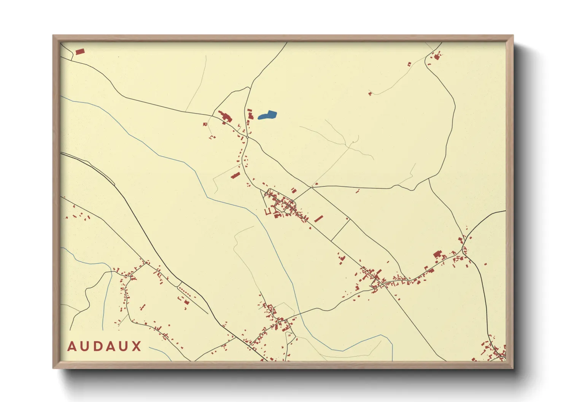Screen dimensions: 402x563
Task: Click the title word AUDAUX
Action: [x=104, y=347]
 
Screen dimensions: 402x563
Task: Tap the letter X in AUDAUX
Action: [x=136, y=347]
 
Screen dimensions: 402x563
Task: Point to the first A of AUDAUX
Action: [x=72, y=347]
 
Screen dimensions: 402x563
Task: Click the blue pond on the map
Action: [x=267, y=115]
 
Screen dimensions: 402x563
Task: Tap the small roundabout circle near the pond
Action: [x=247, y=137]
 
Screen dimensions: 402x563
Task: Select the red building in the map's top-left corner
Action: [x=80, y=52]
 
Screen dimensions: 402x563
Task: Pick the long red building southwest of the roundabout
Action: [x=235, y=176]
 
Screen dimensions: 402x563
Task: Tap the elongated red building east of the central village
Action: [x=318, y=218]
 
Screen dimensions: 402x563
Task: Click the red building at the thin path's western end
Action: [x=370, y=93]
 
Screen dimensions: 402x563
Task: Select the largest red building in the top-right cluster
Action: [x=436, y=57]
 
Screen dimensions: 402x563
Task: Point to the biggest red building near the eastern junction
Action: [x=437, y=254]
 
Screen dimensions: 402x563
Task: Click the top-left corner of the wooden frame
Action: [x=53, y=36]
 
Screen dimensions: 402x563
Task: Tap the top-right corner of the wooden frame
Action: [x=513, y=36]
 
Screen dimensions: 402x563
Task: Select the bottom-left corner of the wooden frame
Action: [x=53, y=368]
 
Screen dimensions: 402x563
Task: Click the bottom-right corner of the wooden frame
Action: [x=513, y=368]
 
